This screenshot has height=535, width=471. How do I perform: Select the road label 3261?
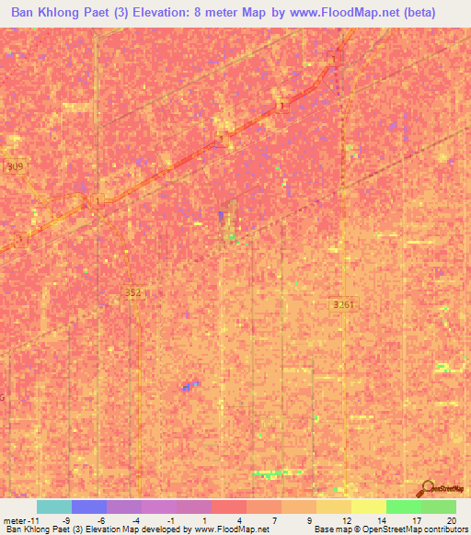343,304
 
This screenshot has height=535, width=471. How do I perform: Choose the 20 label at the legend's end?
451,519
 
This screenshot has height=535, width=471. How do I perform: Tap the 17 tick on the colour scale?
417,519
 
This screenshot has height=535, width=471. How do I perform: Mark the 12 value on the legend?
347,519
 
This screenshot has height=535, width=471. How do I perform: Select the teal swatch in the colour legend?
54,507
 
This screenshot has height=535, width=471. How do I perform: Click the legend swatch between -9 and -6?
89,507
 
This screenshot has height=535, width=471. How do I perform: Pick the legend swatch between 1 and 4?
229,507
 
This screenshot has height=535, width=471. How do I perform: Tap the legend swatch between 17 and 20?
439,507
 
